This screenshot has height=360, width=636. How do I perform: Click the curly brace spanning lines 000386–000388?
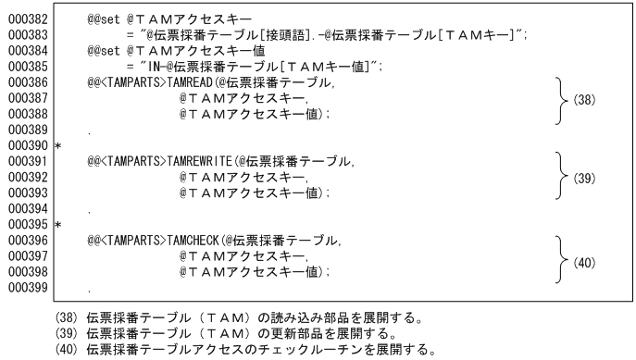tap(562, 99)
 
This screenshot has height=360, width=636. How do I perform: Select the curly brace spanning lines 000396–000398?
tap(562, 263)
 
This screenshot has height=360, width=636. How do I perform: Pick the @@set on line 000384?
tap(106, 52)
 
